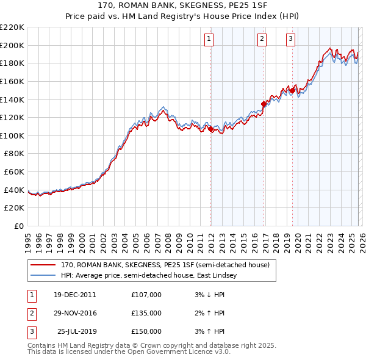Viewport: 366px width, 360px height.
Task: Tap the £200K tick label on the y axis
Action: (12, 45)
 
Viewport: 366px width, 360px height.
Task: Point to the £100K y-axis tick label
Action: (12, 135)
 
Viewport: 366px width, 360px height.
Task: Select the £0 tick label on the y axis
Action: (18, 226)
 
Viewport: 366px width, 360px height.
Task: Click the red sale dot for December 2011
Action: (210, 129)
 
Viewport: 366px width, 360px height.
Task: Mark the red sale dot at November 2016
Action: (264, 104)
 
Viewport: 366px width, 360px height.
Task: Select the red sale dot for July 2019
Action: (292, 90)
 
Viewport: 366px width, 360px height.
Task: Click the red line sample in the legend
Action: (44, 265)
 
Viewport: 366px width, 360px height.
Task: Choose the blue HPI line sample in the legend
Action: (44, 276)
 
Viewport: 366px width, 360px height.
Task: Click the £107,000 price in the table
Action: (146, 295)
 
